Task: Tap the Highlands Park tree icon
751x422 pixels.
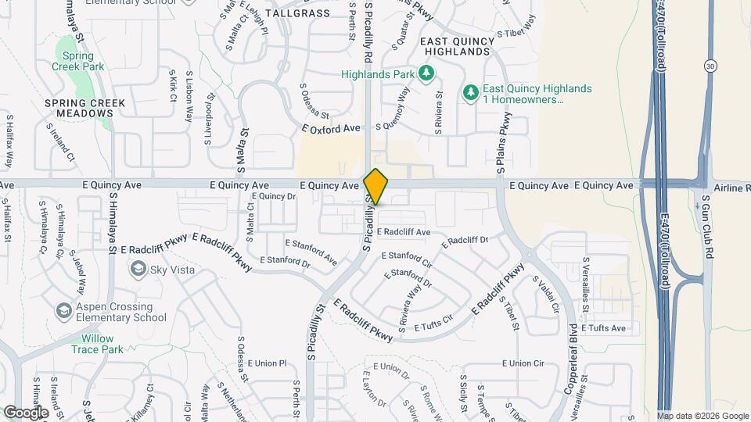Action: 426,74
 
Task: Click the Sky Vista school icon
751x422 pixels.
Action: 138,269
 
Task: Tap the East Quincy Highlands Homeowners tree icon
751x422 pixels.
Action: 470,94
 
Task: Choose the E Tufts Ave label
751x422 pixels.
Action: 603,328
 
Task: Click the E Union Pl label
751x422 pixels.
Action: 268,364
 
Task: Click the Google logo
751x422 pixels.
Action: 26,412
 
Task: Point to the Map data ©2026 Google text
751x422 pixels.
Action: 702,417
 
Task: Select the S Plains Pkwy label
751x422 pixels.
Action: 504,142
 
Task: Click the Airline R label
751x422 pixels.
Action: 731,188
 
